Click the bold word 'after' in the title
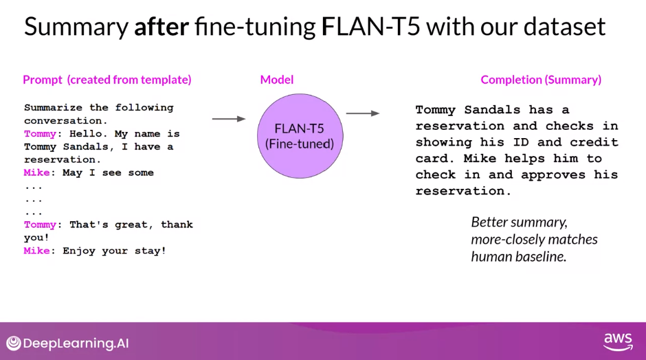pyautogui.click(x=161, y=27)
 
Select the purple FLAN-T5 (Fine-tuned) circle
pyautogui.click(x=300, y=135)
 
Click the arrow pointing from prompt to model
pyautogui.click(x=228, y=119)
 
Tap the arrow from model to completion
pyautogui.click(x=363, y=113)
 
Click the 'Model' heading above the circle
pyautogui.click(x=277, y=80)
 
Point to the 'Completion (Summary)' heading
pyautogui.click(x=541, y=80)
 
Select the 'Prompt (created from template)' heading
pyautogui.click(x=107, y=80)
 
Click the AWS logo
pyautogui.click(x=617, y=341)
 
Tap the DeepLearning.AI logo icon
pyautogui.click(x=14, y=344)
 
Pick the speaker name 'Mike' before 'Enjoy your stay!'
pyautogui.click(x=36, y=251)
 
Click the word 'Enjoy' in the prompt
pyautogui.click(x=78, y=251)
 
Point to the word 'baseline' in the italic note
pyautogui.click(x=543, y=256)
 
